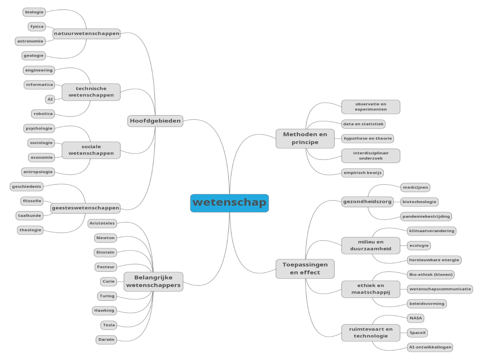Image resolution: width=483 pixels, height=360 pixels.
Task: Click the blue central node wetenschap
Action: pyautogui.click(x=229, y=203)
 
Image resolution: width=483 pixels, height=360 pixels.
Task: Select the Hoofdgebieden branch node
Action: pyautogui.click(x=155, y=121)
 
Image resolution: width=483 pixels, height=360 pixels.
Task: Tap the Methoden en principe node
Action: pyautogui.click(x=305, y=139)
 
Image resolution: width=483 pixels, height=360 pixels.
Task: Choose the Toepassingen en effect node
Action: pyautogui.click(x=305, y=268)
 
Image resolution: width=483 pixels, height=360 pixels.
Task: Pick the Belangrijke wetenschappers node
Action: pyautogui.click(x=153, y=282)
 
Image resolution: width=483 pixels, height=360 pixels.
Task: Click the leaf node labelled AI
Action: pyautogui.click(x=50, y=99)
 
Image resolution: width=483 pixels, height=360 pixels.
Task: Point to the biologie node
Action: pyautogui.click(x=34, y=12)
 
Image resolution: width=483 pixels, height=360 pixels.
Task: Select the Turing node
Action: pyautogui.click(x=107, y=296)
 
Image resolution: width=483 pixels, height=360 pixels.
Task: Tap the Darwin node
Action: pyautogui.click(x=106, y=340)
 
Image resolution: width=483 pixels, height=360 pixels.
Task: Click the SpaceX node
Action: pyautogui.click(x=417, y=333)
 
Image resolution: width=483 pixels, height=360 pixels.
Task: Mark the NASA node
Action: pyautogui.click(x=416, y=318)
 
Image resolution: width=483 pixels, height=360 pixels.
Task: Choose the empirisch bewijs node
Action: pyautogui.click(x=362, y=173)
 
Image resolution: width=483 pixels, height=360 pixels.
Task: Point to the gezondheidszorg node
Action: pyautogui.click(x=367, y=202)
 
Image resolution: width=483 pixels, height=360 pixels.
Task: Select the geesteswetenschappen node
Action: pyautogui.click(x=85, y=208)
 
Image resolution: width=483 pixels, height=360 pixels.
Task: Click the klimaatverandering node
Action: pyautogui.click(x=432, y=231)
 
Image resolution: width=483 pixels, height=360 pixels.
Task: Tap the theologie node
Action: pyautogui.click(x=30, y=230)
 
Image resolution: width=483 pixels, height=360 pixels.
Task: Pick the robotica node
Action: pyautogui.click(x=43, y=114)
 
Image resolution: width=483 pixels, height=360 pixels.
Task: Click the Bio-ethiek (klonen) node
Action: pyautogui.click(x=431, y=275)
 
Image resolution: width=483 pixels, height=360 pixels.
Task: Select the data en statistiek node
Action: pyautogui.click(x=363, y=124)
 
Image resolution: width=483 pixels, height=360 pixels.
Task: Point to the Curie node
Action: pyautogui.click(x=108, y=282)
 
